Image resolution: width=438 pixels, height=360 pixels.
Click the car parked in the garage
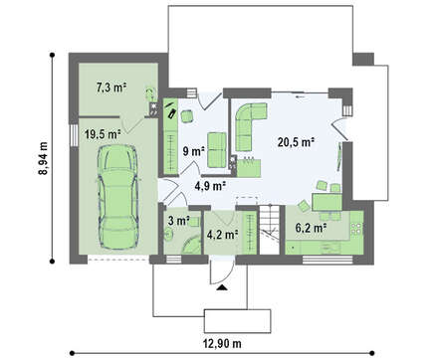[117, 196]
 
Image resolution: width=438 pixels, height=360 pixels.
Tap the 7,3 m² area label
[111, 88]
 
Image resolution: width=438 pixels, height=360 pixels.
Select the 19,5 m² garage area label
[103, 134]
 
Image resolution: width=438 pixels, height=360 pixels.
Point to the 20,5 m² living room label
[296, 142]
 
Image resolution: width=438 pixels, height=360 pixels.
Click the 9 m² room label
[193, 151]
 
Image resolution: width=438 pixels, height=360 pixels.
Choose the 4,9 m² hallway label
[210, 186]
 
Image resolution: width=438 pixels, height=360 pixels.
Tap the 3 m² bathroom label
[178, 221]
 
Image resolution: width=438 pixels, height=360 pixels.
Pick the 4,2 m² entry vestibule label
[222, 235]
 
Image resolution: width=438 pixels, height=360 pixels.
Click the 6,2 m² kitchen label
[311, 228]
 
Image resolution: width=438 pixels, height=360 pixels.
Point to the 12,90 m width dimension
[222, 344]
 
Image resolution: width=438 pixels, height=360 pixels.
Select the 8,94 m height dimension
[43, 158]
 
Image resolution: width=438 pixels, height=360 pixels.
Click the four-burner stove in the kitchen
[356, 228]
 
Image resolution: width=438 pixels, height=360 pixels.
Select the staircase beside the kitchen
[269, 230]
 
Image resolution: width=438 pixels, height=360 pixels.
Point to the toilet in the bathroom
[168, 235]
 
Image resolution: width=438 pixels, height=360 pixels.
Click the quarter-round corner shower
[192, 246]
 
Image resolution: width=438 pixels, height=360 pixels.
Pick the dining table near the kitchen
[327, 202]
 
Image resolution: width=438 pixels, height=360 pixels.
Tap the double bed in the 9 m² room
[217, 149]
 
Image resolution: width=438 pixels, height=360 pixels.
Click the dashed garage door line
[117, 260]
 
